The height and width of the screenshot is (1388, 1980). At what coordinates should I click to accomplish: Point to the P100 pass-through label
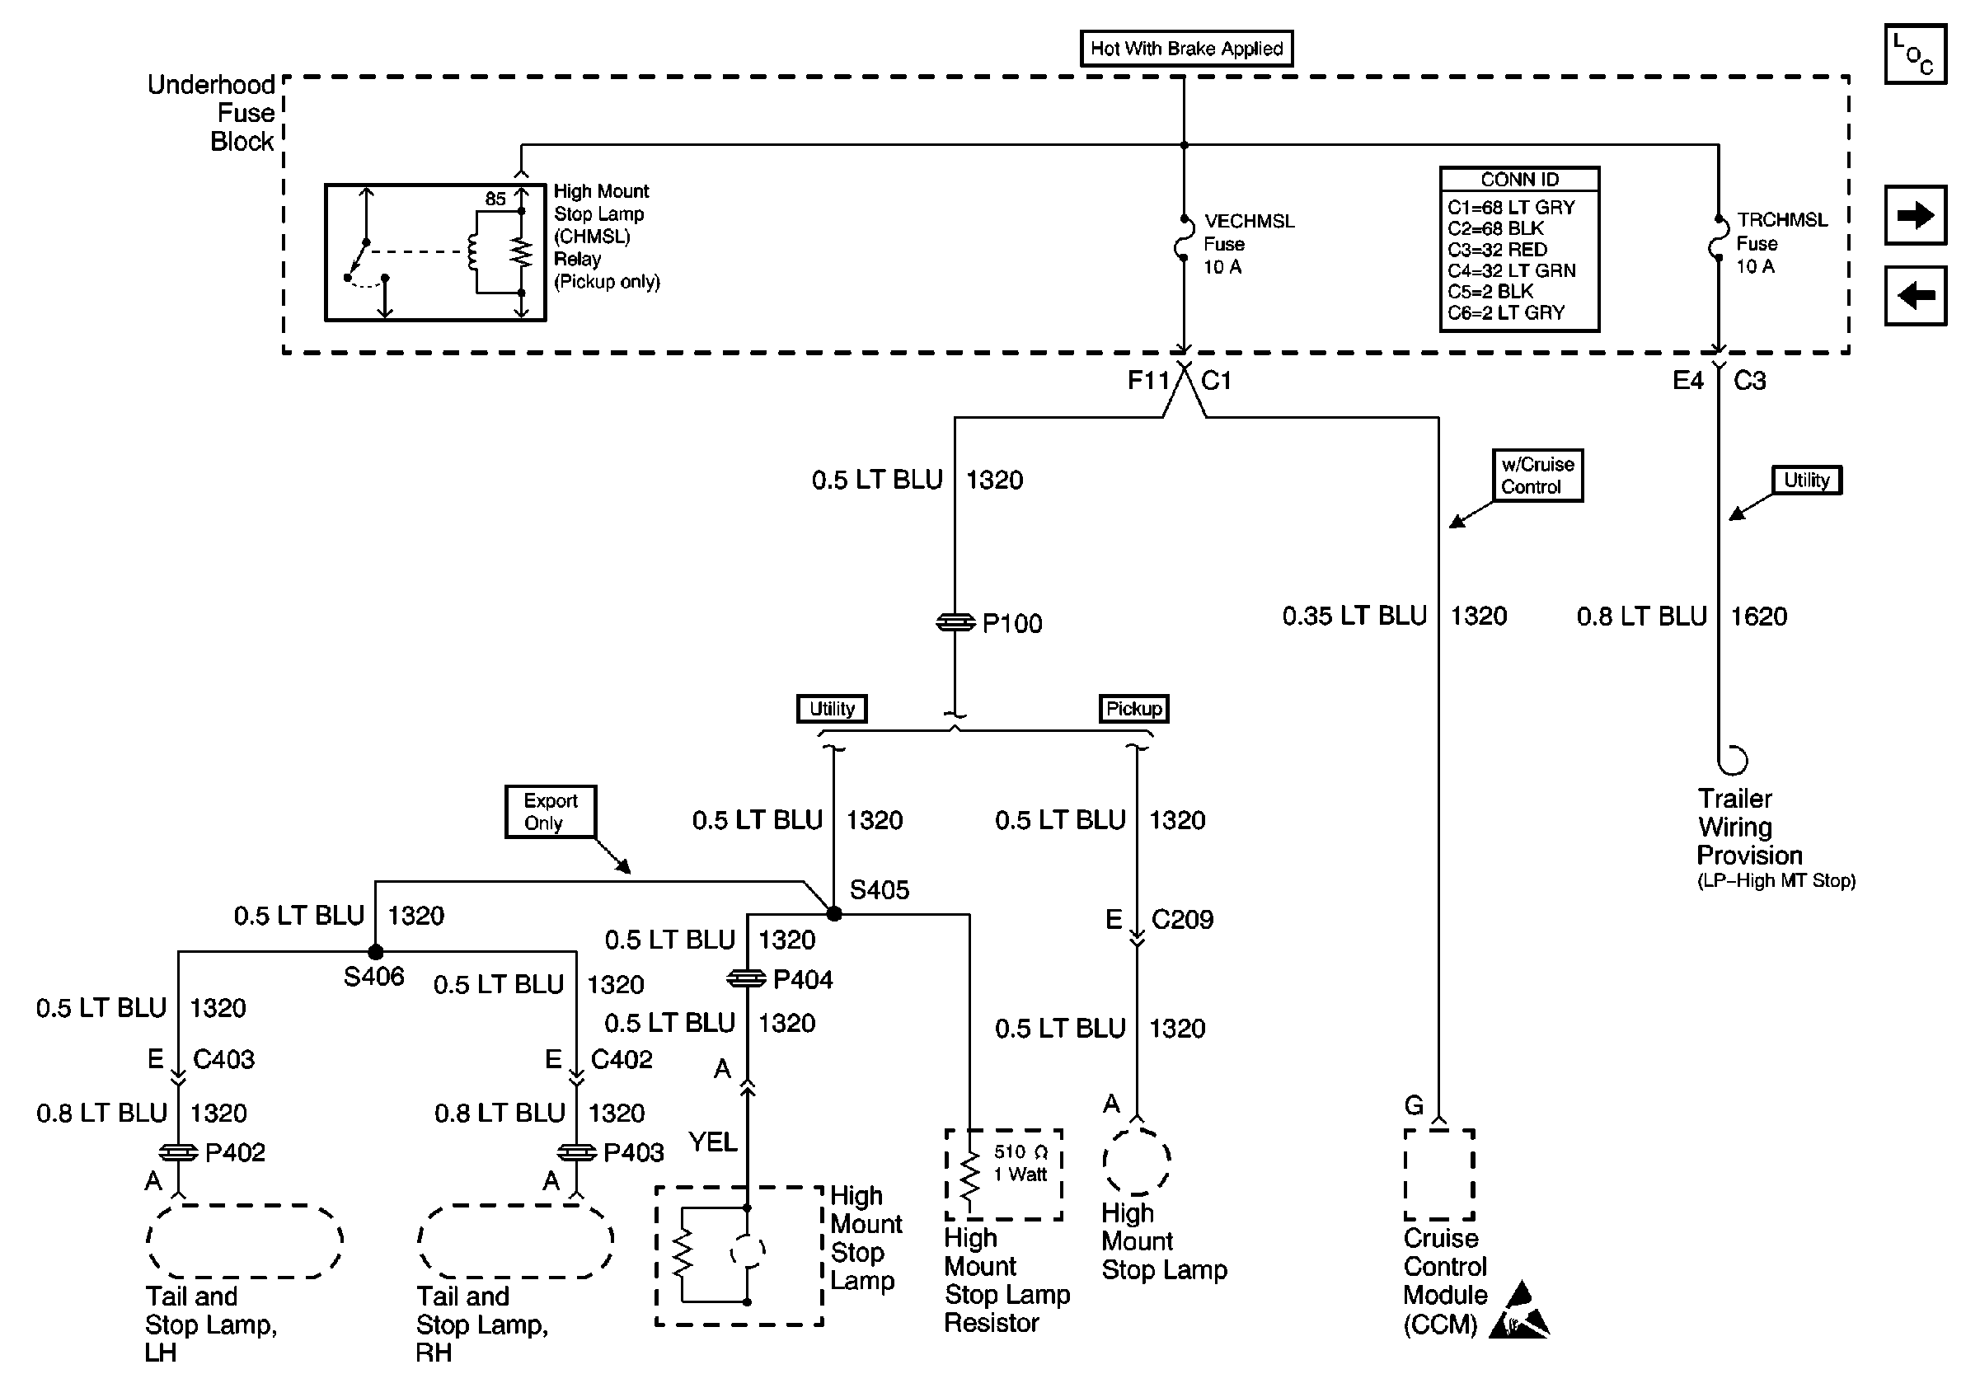pos(1011,623)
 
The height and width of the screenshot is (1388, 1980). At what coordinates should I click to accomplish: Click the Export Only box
pos(550,811)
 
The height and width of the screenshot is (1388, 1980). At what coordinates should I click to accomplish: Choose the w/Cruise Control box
pos(1537,475)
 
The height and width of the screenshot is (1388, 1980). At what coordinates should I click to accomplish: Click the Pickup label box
pos(1133,709)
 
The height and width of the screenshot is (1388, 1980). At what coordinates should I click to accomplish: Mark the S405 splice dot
pos(834,914)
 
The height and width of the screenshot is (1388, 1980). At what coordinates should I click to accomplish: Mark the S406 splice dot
pos(375,952)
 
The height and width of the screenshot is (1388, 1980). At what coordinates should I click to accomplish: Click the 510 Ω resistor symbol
pos(971,1175)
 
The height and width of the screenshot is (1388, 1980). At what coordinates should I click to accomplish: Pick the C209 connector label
pos(1182,920)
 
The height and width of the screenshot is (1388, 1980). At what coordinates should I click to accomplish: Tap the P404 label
pos(803,980)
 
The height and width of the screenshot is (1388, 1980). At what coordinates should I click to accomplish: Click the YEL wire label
pos(712,1142)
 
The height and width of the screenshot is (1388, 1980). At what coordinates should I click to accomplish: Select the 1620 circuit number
pos(1759,617)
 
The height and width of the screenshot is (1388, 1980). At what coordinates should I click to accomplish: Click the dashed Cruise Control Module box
pos(1438,1175)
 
